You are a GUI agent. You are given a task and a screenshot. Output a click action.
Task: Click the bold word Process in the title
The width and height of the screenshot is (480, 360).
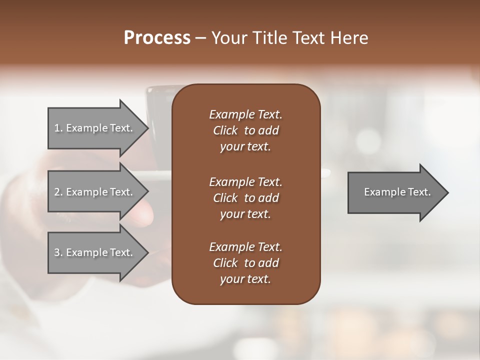157,38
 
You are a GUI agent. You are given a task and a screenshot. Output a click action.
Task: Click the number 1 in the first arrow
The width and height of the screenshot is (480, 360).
56,128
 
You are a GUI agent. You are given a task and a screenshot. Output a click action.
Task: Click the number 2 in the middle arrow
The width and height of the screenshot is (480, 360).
56,192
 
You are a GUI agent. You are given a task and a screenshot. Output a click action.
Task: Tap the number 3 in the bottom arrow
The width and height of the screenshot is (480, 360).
56,252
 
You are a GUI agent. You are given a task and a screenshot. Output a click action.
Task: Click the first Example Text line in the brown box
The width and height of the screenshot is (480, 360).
245,114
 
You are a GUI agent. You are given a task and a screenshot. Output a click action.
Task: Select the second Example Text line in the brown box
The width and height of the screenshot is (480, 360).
245,182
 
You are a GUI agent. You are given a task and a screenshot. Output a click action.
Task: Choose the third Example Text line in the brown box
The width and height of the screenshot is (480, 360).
245,247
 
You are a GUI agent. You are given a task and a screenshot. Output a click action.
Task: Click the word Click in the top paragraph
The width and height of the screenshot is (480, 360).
225,130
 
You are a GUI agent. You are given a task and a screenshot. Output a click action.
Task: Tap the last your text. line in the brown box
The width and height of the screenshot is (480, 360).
245,279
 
